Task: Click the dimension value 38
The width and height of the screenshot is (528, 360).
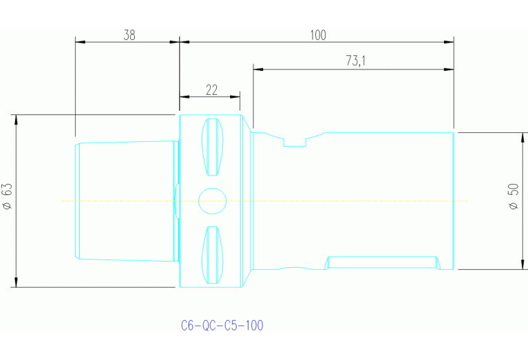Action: (129, 35)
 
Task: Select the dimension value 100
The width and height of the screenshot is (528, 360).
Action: (317, 35)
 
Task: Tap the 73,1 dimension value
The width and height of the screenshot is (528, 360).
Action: (355, 61)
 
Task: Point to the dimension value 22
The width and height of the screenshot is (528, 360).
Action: (211, 89)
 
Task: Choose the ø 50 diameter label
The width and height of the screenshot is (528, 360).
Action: (513, 198)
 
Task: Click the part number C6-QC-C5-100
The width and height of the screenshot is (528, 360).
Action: (222, 325)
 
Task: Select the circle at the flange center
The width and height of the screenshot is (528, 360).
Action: (212, 201)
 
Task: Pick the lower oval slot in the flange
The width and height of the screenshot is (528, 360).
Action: (213, 254)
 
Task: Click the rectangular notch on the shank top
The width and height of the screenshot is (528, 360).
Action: (295, 140)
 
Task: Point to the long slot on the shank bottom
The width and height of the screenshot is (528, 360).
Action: (382, 262)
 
